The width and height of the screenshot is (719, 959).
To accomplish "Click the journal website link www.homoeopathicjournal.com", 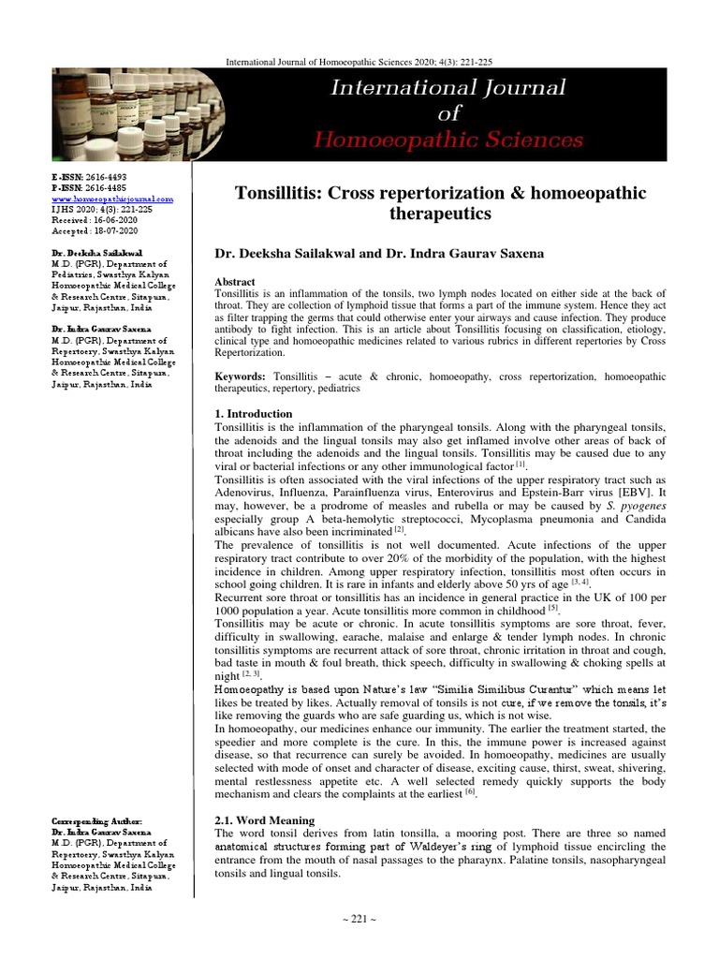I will (111, 199).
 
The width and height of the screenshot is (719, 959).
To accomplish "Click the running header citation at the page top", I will (360, 62).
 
